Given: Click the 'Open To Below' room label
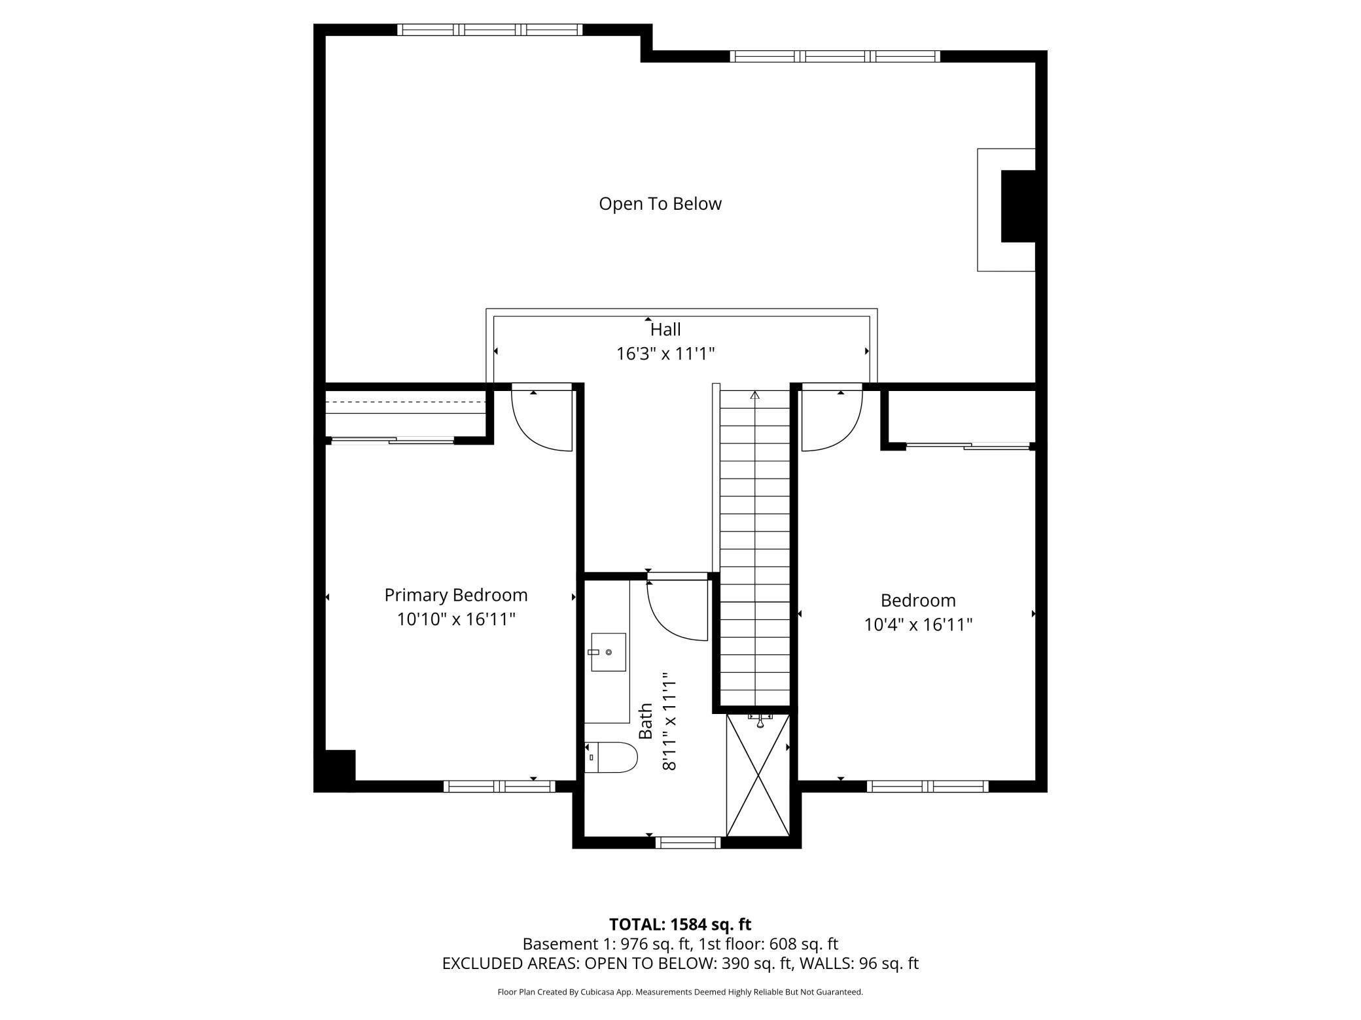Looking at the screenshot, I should [x=660, y=203].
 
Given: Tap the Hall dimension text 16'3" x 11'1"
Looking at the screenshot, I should [x=665, y=354].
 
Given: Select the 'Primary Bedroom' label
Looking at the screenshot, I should [x=455, y=595].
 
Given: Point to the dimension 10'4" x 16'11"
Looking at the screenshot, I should [x=917, y=624].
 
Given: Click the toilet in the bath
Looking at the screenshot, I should [x=611, y=757].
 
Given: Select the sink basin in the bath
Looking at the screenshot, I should [x=609, y=652].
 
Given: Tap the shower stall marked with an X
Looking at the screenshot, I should [x=758, y=775].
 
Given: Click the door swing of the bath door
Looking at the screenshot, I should [x=674, y=611].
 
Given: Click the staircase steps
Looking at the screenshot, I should [x=755, y=549].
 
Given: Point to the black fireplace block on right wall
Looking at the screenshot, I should [x=1018, y=206].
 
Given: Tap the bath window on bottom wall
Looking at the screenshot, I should [x=687, y=843].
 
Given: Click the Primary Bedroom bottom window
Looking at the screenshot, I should [x=499, y=787].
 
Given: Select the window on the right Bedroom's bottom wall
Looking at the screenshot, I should [x=927, y=787].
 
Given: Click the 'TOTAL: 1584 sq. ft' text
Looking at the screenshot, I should [x=680, y=924].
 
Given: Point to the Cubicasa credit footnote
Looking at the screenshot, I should [x=680, y=992].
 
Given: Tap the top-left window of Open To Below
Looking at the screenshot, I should [x=489, y=29].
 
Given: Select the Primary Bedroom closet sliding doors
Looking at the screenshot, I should [x=393, y=441].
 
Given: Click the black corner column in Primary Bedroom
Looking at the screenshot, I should [x=336, y=770].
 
